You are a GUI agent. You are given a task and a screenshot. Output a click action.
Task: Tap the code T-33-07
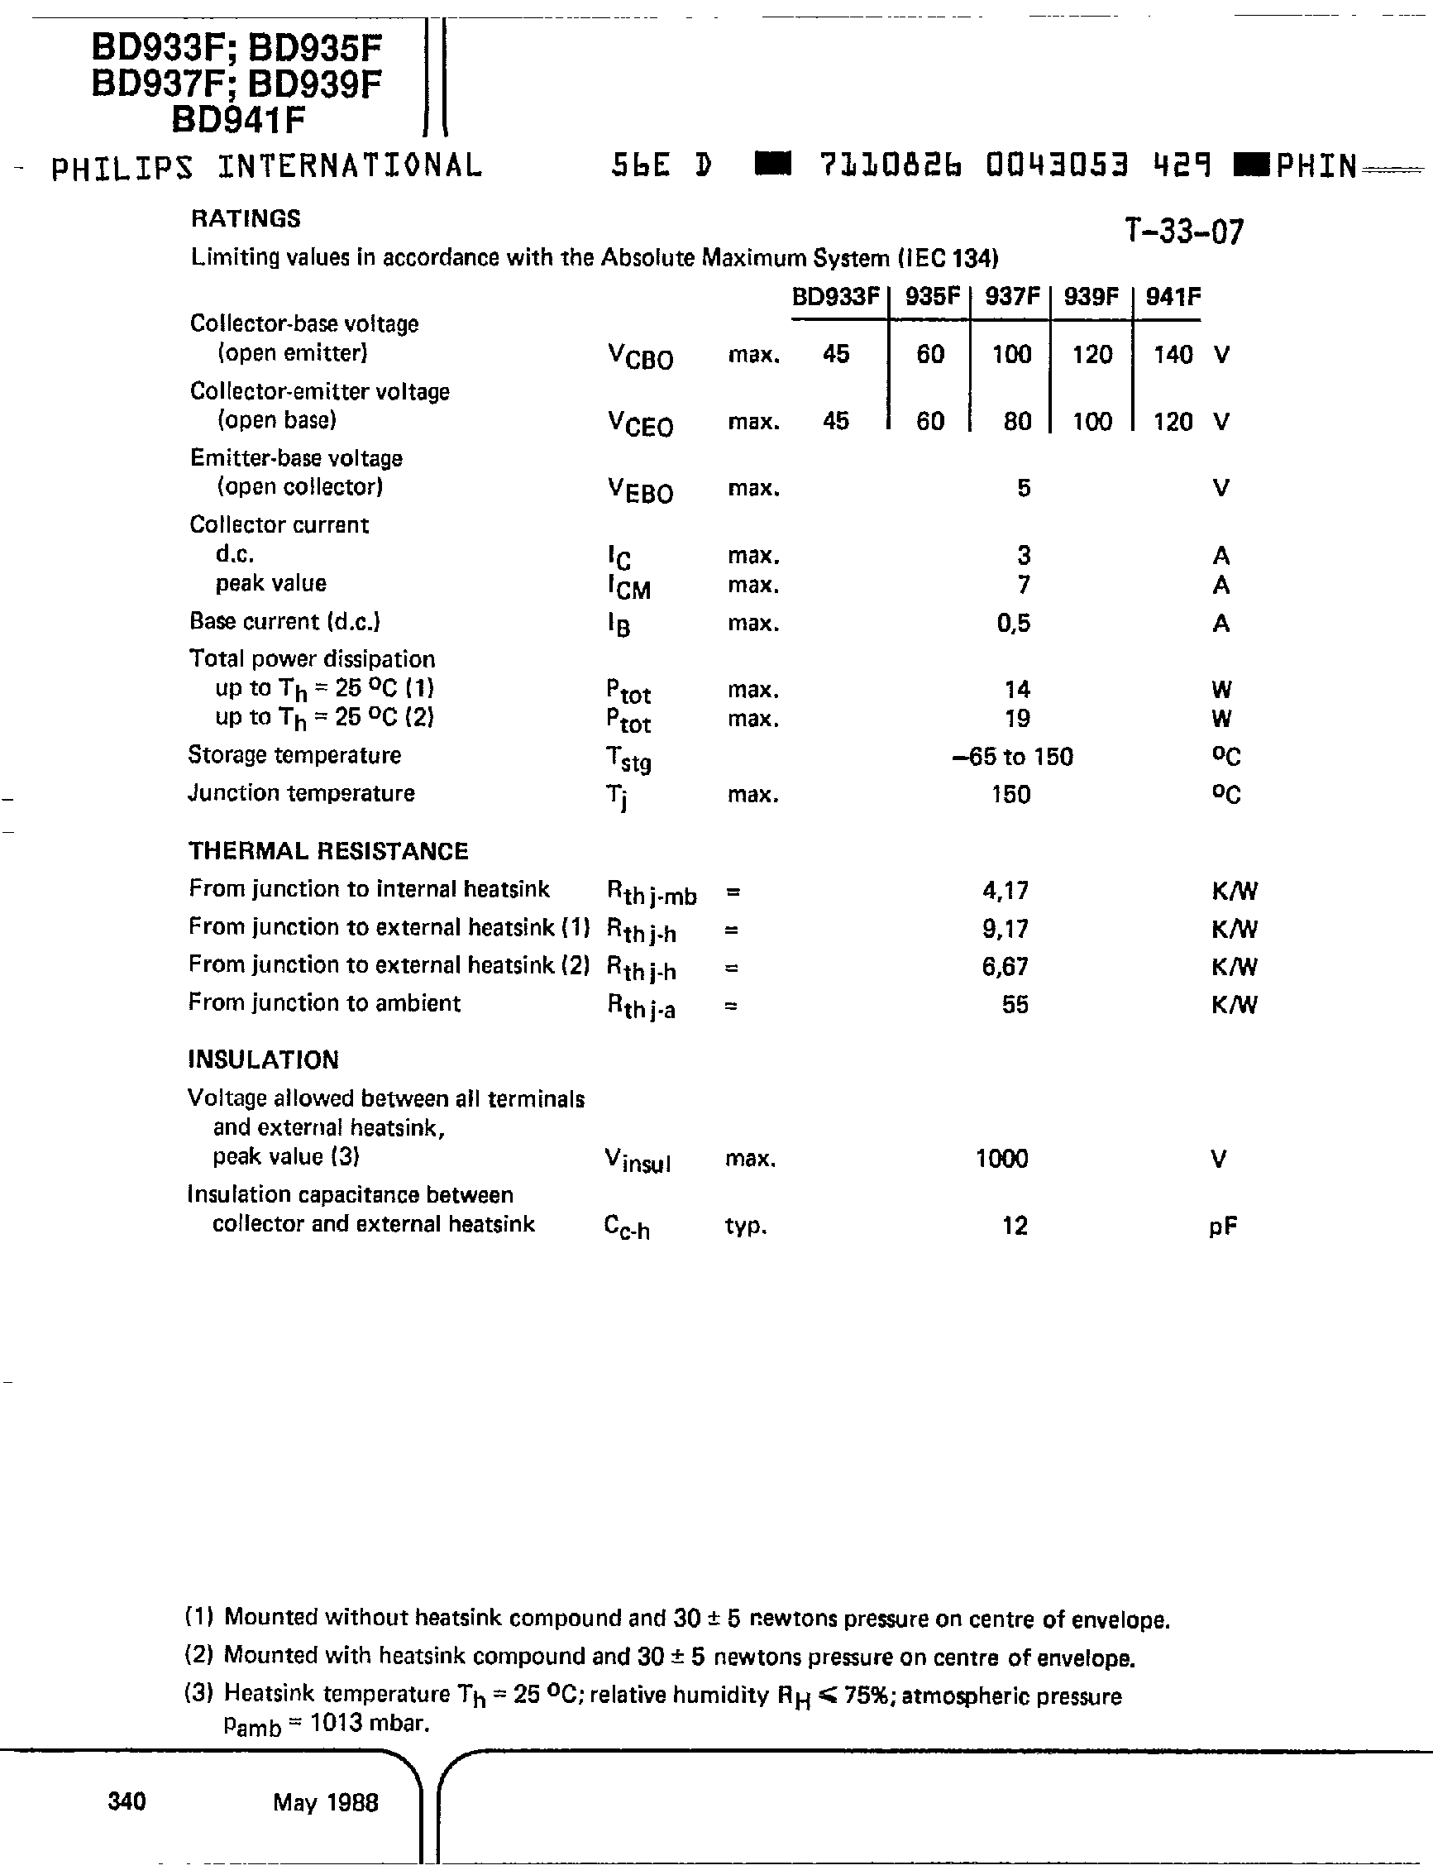(x=1183, y=232)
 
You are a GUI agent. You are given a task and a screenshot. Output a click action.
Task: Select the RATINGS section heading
(x=246, y=219)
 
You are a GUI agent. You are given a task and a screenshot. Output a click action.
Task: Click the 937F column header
(x=1011, y=297)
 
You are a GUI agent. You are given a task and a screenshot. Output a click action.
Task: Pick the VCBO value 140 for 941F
(x=1172, y=354)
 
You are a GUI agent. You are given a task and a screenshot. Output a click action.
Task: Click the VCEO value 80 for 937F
(x=1017, y=422)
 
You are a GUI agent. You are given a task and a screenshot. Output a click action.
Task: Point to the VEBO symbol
(x=640, y=490)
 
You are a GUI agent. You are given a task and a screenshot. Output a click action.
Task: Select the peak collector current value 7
(x=1024, y=586)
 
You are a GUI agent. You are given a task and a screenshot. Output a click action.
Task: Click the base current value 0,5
(x=1013, y=624)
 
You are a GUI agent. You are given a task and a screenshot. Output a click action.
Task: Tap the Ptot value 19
(x=1017, y=718)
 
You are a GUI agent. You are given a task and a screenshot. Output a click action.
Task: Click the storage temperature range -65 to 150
(x=1011, y=757)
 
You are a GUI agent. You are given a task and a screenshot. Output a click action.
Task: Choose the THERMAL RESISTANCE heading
(x=328, y=851)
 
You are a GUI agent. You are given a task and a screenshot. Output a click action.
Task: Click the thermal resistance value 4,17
(x=1005, y=891)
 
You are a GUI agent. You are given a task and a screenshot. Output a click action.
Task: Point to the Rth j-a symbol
(x=641, y=1007)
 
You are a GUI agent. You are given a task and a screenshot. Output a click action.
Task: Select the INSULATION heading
(x=263, y=1059)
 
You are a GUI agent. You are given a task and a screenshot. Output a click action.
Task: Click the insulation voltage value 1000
(x=1001, y=1159)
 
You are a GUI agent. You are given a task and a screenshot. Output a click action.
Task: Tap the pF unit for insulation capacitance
(x=1222, y=1227)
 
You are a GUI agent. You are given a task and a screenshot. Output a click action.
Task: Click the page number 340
(x=127, y=1801)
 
